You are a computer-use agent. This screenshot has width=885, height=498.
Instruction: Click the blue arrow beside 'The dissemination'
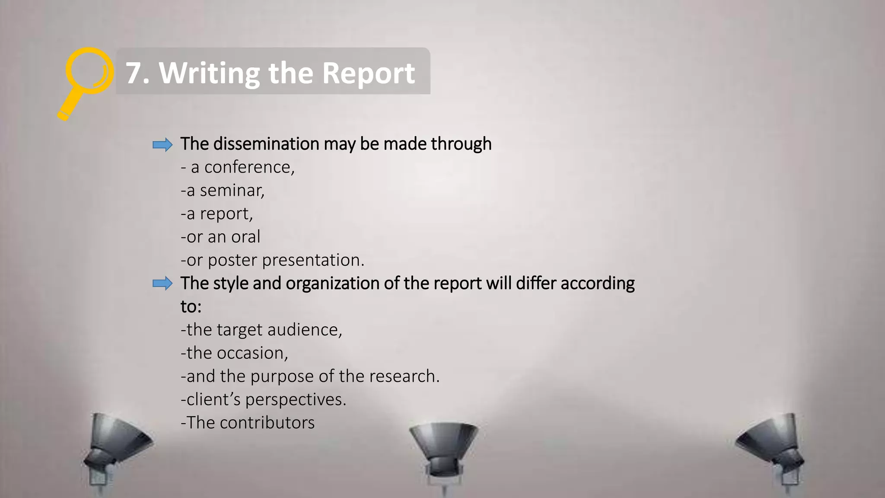[x=162, y=144]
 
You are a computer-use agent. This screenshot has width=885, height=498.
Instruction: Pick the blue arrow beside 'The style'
[x=162, y=284]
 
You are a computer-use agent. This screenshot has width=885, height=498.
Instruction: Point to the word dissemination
[x=266, y=144]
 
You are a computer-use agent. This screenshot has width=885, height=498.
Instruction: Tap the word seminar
[x=232, y=191]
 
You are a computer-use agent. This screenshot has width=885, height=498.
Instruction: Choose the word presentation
[x=313, y=260]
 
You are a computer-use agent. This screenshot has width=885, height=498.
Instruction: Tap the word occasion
[x=252, y=353]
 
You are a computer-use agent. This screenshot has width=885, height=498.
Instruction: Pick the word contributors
[x=267, y=423]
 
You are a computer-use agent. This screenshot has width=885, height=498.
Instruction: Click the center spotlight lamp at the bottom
[x=443, y=450]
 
